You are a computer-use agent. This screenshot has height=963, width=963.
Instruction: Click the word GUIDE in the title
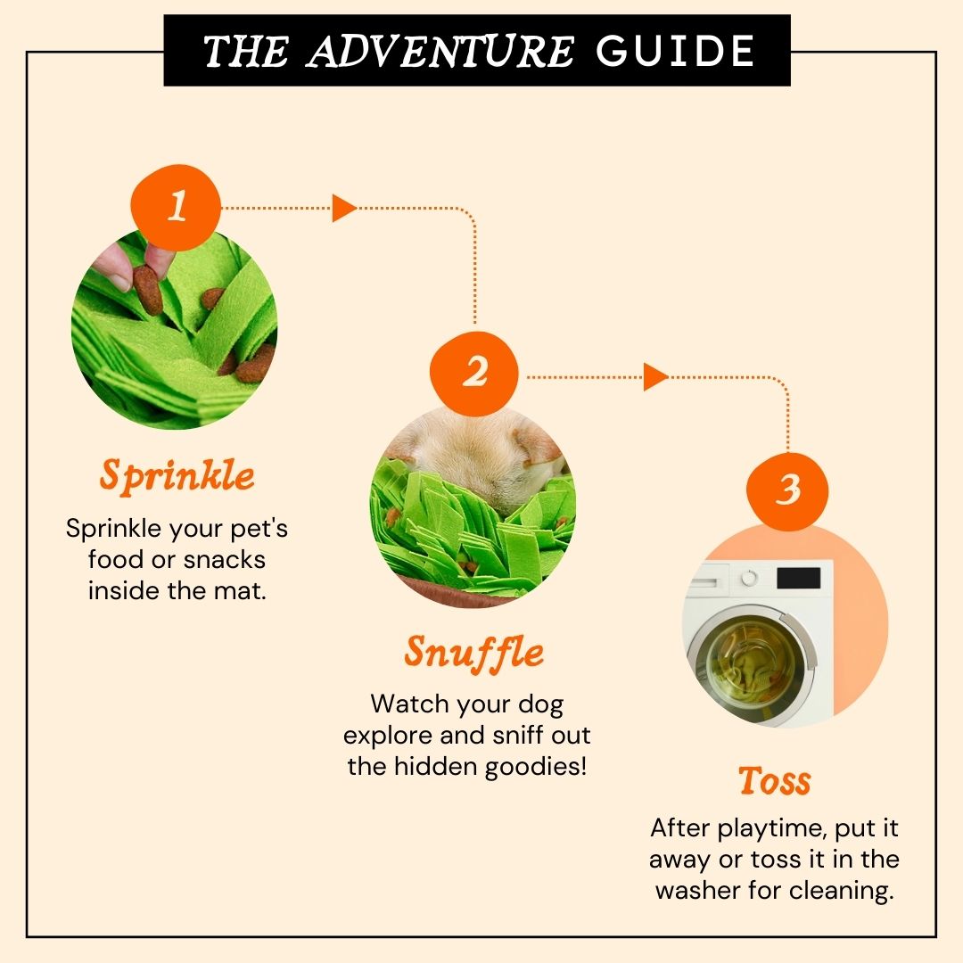(674, 50)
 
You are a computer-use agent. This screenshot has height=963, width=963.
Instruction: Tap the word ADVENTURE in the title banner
(440, 50)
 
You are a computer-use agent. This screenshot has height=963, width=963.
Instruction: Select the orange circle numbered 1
(176, 207)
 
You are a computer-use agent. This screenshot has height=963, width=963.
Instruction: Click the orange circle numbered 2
(474, 374)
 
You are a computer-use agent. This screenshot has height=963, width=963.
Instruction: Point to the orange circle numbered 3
(787, 491)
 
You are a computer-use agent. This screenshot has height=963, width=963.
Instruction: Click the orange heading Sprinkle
(177, 476)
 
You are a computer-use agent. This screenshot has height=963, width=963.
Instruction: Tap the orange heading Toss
(775, 780)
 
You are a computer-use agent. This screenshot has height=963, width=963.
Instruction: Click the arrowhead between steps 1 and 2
(344, 208)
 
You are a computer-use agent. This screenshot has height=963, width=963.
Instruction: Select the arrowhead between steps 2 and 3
(655, 376)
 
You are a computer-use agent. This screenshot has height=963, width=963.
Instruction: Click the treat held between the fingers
(148, 290)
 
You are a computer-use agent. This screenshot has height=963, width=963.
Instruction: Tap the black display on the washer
(798, 579)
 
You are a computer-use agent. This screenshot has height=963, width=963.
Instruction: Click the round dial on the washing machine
(749, 578)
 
